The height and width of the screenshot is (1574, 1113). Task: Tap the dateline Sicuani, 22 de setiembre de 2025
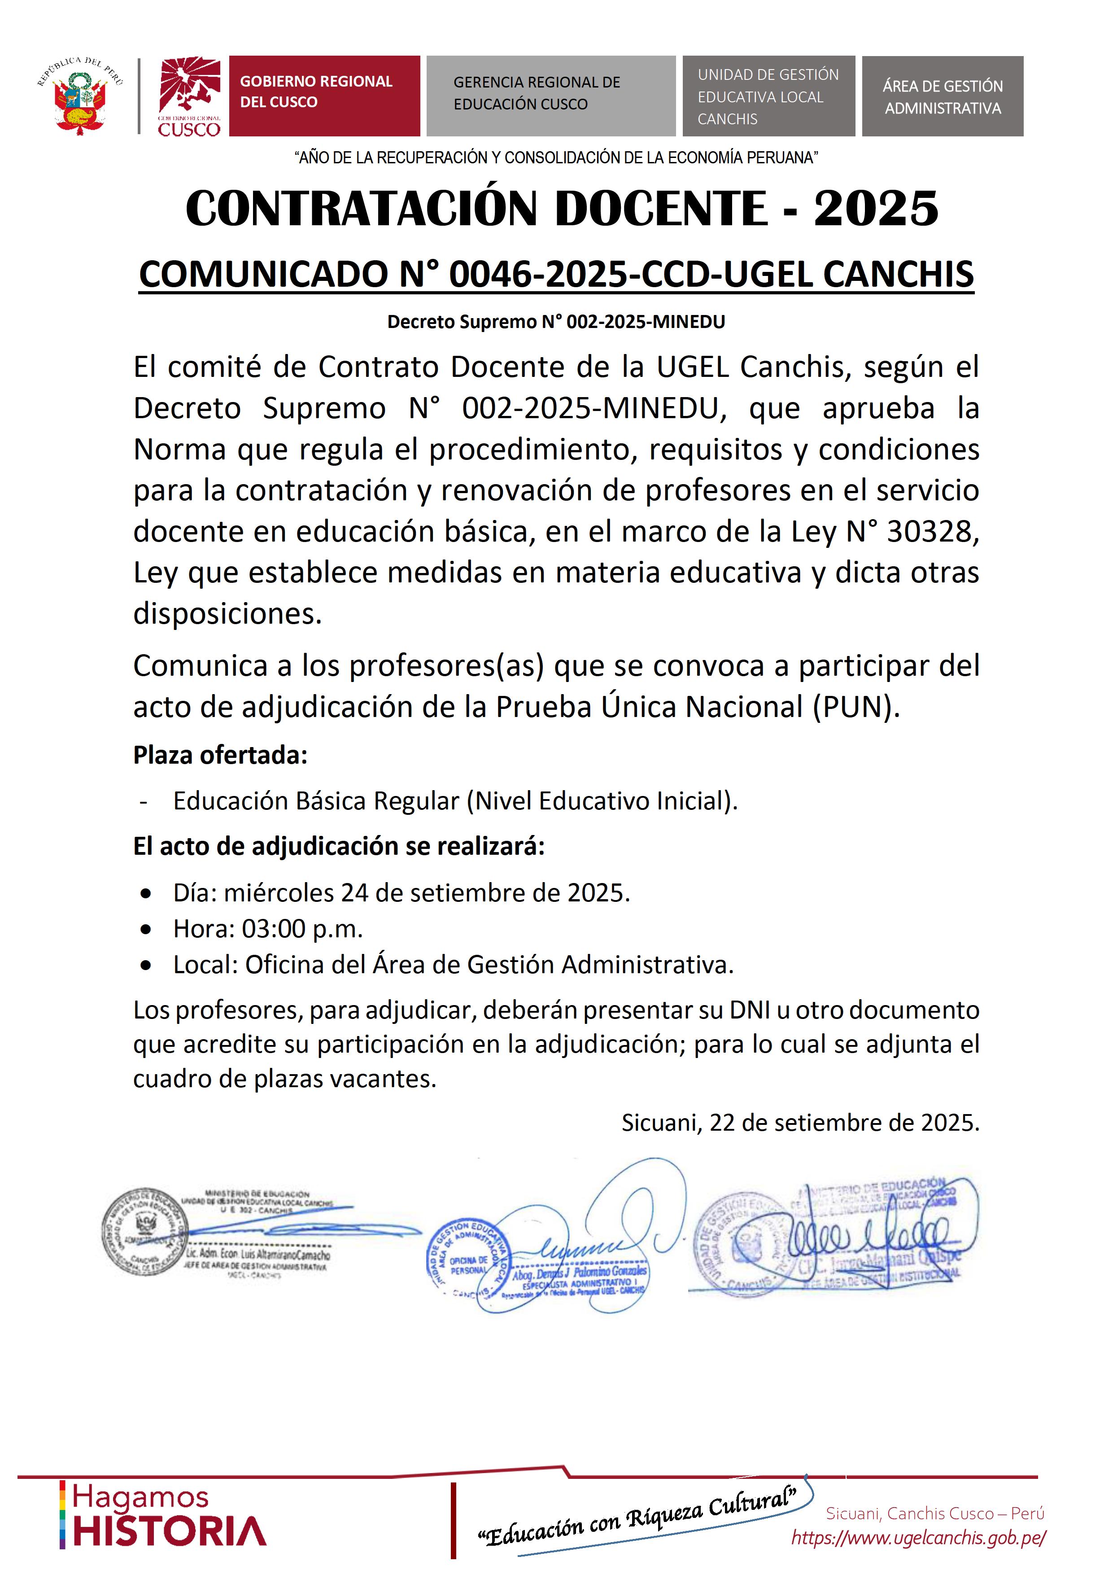tap(800, 1122)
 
